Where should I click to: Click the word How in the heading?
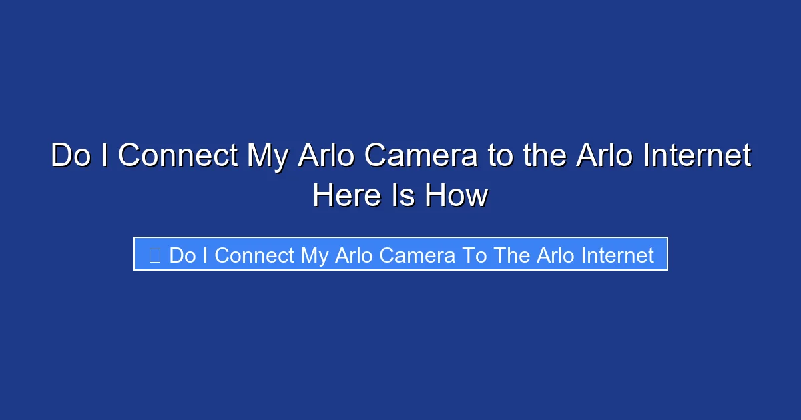[459, 195]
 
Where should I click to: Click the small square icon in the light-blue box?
[154, 255]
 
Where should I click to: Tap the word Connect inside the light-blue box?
[254, 255]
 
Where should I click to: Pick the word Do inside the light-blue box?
[182, 255]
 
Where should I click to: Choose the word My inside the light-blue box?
[315, 255]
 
